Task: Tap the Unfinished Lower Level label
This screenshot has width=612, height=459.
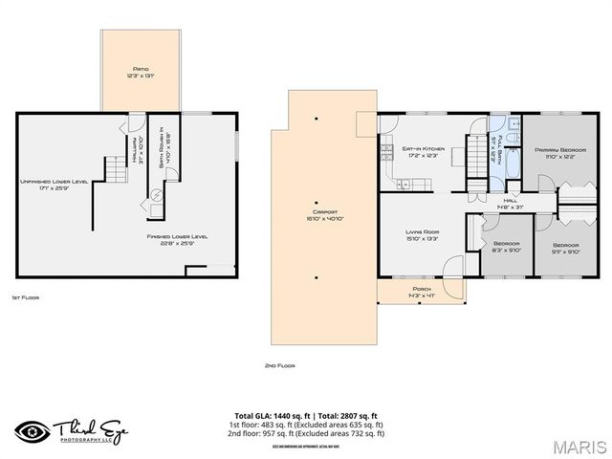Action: coord(54,184)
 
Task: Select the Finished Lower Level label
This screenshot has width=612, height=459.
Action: coord(177,239)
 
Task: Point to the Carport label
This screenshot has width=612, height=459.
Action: coord(317,213)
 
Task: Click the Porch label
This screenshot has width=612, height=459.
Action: coord(420,290)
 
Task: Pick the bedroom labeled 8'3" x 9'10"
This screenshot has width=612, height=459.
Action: coord(507,247)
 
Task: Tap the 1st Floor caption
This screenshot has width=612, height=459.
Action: coord(25,297)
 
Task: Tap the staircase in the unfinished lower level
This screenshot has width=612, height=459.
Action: coord(114,173)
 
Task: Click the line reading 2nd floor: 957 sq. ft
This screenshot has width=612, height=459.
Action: coord(306,433)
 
